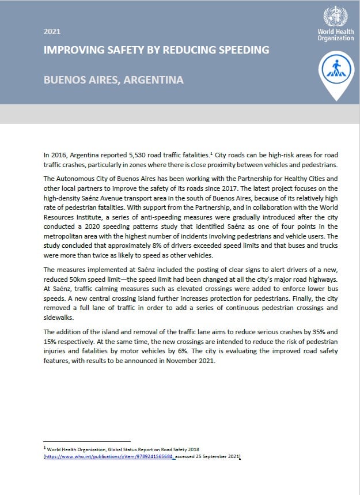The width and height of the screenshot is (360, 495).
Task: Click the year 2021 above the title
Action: coord(52,32)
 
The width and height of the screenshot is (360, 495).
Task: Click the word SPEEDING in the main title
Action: coord(240,50)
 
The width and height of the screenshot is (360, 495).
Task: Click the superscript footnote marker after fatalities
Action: coord(210,153)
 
